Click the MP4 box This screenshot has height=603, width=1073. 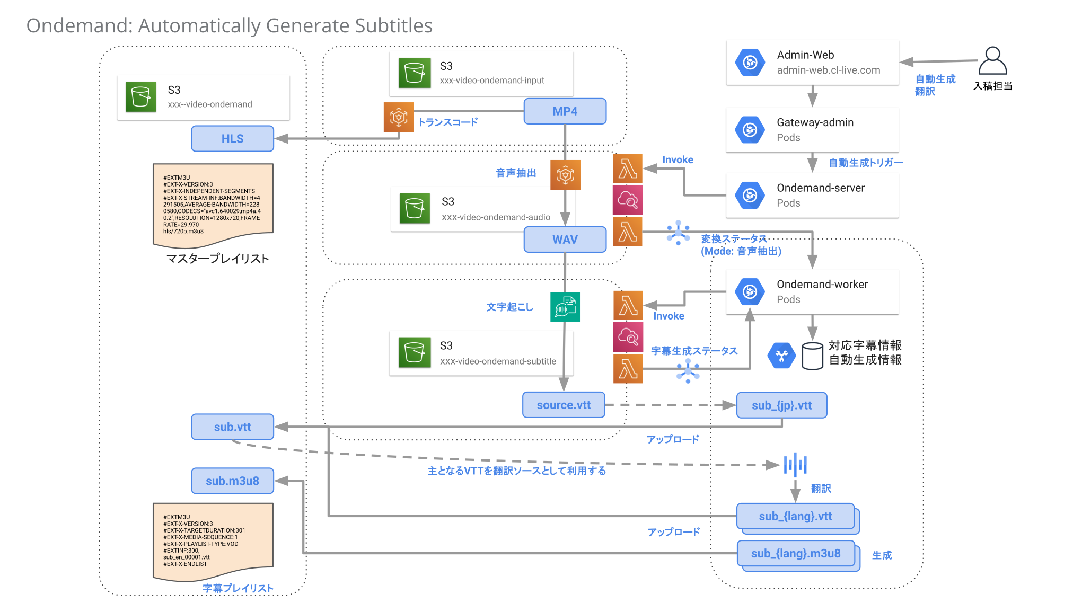point(565,111)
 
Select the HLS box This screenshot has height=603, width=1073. point(232,139)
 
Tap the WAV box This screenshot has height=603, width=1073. point(565,240)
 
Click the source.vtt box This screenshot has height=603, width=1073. point(563,405)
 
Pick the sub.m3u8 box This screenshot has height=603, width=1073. point(232,481)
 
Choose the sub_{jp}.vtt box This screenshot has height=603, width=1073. point(781,405)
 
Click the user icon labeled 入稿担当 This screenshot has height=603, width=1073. point(992,61)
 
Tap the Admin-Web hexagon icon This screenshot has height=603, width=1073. point(750,63)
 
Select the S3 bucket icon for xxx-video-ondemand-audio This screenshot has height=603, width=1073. point(414,208)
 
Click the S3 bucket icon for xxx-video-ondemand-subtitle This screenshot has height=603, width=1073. point(414,352)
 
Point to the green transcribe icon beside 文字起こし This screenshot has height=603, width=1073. point(565,307)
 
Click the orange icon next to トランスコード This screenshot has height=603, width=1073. point(398,117)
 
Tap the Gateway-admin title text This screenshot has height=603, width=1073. point(815,122)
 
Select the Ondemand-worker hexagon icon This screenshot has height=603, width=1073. point(750,291)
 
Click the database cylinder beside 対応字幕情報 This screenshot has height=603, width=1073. point(812,356)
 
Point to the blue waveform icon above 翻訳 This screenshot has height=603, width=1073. point(795,465)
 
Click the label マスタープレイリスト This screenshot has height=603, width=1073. point(217,259)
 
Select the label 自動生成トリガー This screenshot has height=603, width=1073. point(866,163)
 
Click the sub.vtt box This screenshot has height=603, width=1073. point(232,427)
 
